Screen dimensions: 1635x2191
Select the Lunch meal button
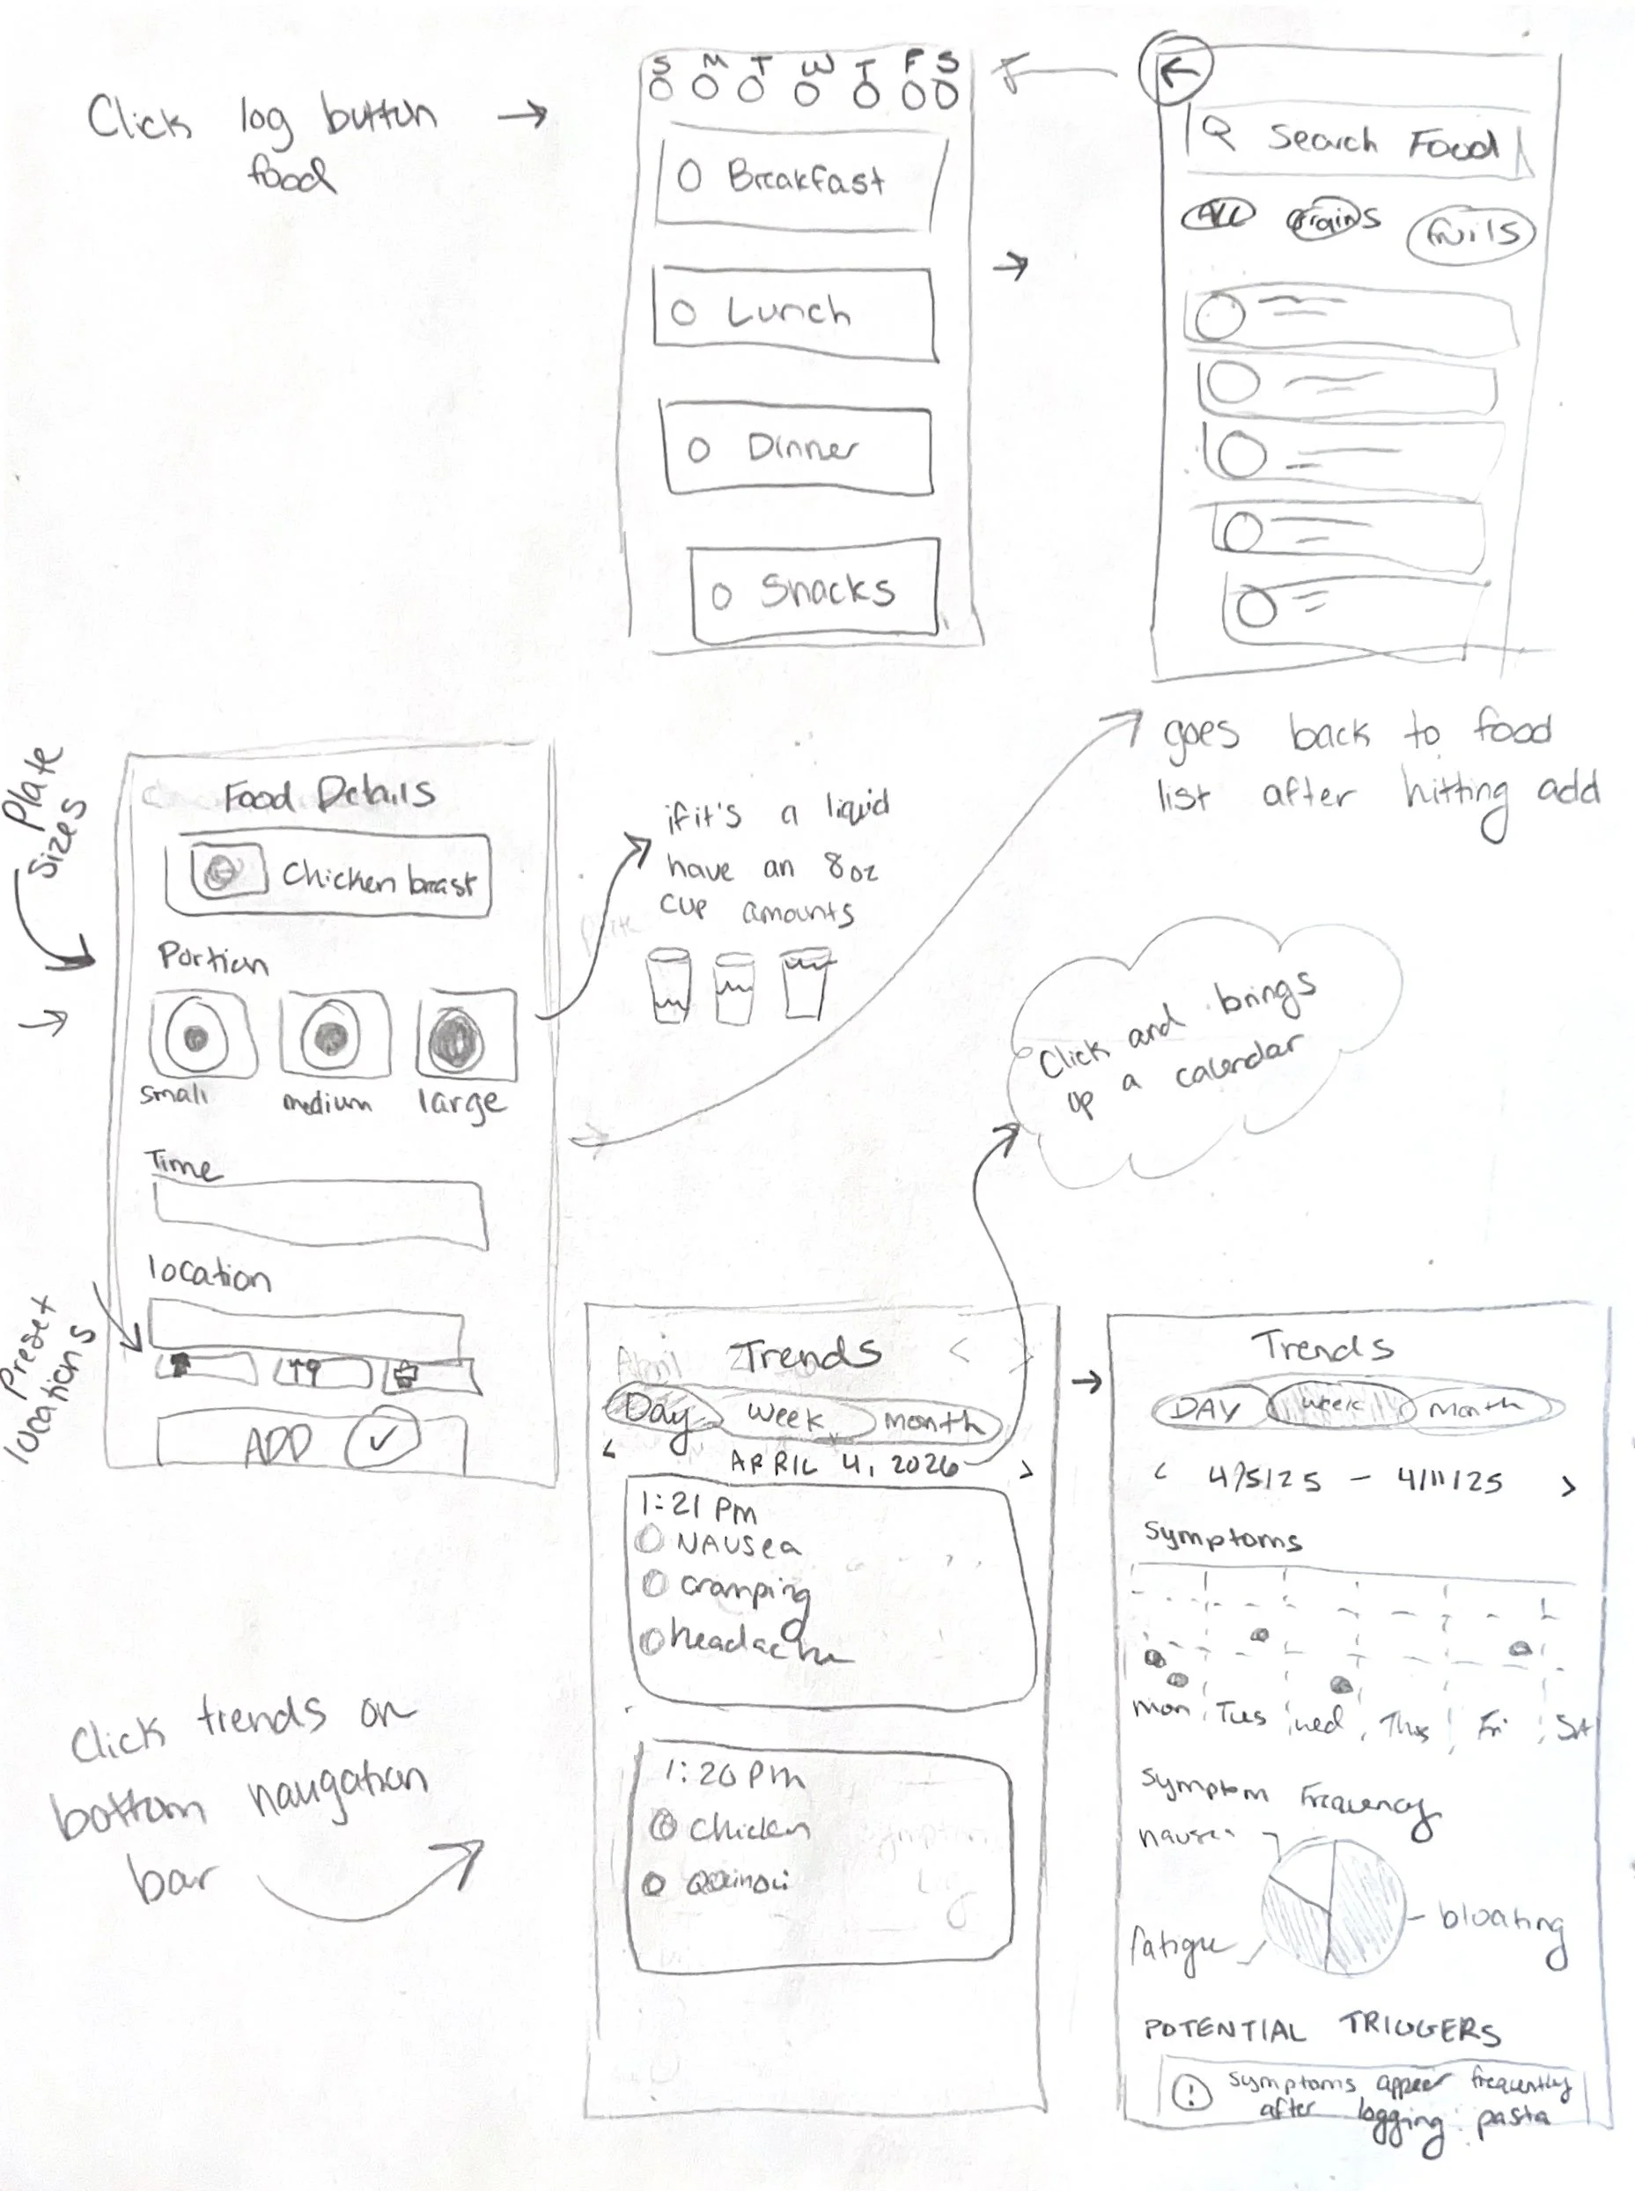794,314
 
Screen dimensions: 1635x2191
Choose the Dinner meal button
798,449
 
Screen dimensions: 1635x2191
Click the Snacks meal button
814,591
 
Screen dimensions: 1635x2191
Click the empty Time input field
319,1213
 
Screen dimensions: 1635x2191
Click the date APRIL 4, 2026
843,1463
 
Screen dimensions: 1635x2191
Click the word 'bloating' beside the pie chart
1500,1922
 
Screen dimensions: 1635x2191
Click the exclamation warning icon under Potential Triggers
1191,2091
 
